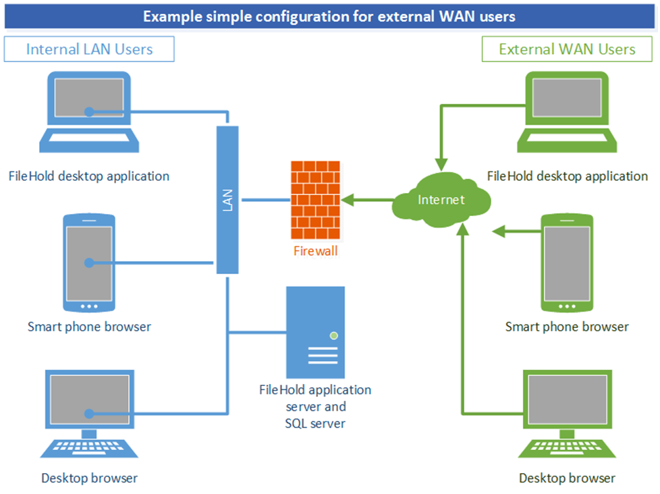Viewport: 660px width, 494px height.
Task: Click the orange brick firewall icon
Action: tap(314, 200)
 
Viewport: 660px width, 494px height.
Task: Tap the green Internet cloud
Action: tap(441, 200)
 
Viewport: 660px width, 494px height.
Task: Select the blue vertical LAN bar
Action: tap(227, 200)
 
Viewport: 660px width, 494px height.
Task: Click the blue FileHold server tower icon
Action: tap(315, 332)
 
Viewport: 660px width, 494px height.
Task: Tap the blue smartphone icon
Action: tap(89, 263)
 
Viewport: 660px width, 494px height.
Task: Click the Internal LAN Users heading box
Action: tap(89, 49)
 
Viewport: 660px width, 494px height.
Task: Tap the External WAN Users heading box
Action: tap(567, 49)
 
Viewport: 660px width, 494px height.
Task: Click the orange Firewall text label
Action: tap(315, 251)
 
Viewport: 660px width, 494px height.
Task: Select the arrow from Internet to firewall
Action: tap(368, 200)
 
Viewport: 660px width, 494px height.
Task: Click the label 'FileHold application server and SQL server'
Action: tap(315, 407)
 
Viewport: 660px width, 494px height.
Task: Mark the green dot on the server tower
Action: tap(333, 335)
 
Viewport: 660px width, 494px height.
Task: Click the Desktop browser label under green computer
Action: tap(567, 478)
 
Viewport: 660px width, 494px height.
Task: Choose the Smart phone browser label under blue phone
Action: tap(89, 327)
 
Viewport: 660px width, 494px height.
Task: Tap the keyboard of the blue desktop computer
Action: tap(89, 448)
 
